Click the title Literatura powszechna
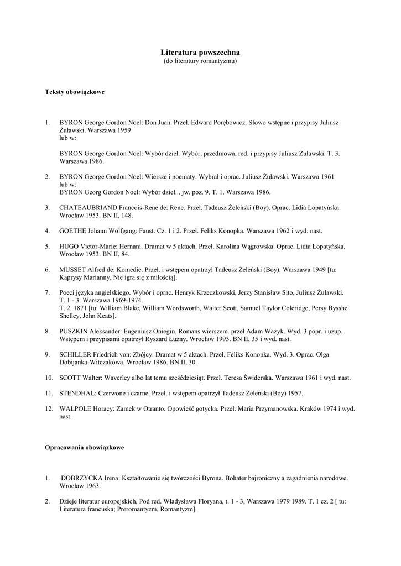200,52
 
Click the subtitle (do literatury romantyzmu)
200,61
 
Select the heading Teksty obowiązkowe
75,92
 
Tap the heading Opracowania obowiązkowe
84,447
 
